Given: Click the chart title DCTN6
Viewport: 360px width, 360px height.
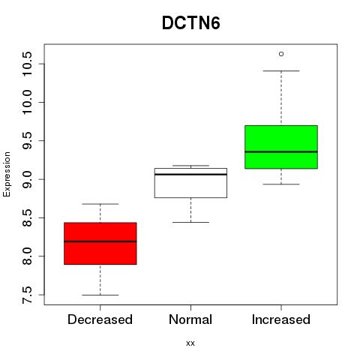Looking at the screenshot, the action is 191,23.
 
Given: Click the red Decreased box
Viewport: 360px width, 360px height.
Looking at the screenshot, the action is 100,243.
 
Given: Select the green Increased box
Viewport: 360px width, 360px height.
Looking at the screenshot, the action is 281,147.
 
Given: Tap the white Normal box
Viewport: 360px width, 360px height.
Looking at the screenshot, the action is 190,183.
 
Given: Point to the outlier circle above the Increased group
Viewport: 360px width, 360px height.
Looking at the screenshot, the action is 281,54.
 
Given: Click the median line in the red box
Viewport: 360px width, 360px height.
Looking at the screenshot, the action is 100,241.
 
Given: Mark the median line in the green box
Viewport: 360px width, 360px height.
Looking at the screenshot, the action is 281,151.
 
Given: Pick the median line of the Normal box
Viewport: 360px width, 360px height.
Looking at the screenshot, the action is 190,174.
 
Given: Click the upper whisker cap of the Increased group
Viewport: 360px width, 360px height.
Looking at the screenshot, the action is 281,71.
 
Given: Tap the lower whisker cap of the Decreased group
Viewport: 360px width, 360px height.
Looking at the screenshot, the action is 100,295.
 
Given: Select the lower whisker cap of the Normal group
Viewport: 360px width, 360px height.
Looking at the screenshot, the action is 190,222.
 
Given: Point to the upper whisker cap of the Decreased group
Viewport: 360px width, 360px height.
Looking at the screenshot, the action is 100,204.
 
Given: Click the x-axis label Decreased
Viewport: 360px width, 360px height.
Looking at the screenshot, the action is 100,319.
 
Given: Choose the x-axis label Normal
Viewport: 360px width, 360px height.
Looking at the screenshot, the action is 190,319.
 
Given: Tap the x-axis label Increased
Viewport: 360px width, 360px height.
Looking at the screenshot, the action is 281,319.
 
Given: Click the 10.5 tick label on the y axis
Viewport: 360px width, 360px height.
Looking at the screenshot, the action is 27,64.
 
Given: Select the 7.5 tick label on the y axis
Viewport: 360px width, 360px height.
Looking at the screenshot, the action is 27,295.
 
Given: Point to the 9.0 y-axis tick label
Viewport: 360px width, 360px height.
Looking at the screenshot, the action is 27,179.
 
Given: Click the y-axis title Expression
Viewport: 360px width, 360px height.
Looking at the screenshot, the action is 7,174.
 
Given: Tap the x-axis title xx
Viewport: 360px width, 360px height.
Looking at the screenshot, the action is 190,343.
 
